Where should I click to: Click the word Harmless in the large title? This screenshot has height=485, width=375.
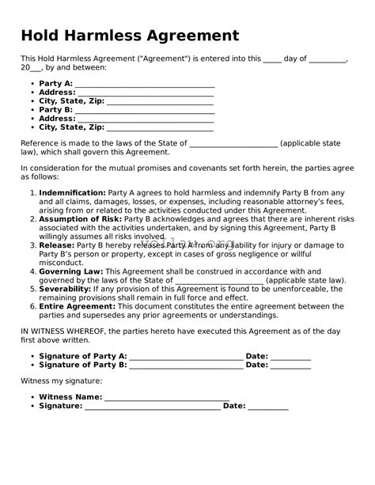(x=114, y=36)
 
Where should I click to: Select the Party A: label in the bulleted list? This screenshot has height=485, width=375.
(x=55, y=83)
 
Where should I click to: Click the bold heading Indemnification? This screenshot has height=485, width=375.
(x=72, y=192)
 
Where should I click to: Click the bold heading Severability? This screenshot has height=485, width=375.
(x=69, y=290)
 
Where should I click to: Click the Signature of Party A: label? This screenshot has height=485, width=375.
(x=82, y=356)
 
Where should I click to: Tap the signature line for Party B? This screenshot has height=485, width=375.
(x=186, y=366)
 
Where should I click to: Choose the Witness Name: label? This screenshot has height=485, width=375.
(x=70, y=396)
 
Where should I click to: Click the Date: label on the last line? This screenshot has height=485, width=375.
(x=234, y=406)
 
